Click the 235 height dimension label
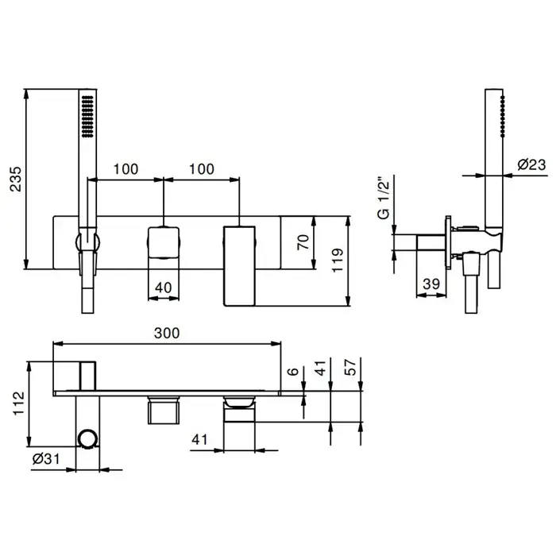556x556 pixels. point(16,179)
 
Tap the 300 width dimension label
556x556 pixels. point(167,333)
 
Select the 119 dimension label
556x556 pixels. point(338,261)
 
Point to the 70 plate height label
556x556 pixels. point(303,242)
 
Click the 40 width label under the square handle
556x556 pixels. point(164,288)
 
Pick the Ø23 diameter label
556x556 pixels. point(531,164)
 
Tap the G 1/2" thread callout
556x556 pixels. point(384,198)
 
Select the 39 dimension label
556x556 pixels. point(431,284)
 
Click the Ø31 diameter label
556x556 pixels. point(46,459)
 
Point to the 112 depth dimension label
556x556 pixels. point(18,403)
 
